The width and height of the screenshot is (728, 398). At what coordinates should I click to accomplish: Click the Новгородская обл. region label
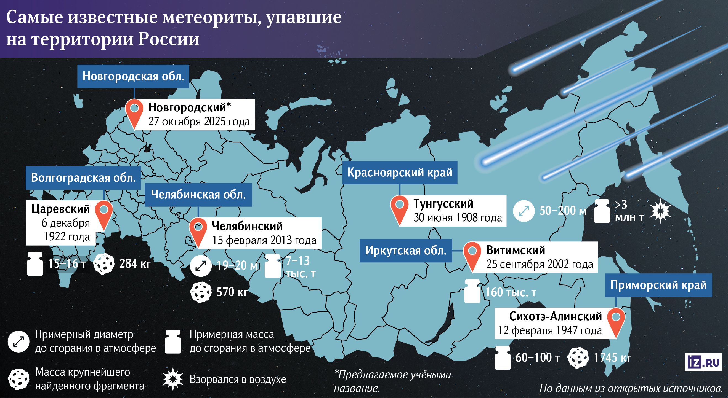pos(133,77)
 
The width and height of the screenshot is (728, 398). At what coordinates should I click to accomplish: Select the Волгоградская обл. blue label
pos(83,178)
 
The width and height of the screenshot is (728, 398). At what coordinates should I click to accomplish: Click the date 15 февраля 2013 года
pos(264,240)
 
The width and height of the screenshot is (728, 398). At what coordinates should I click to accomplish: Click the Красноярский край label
pos(400,173)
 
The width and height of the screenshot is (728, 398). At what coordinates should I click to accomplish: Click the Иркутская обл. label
pos(406,251)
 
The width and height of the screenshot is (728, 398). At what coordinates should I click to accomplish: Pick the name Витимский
pos(516,250)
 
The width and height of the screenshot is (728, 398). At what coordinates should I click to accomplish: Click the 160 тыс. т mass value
pos(511,292)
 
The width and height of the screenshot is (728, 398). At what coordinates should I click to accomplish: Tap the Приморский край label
pos(658,285)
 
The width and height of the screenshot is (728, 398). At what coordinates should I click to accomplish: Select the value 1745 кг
pos(612,358)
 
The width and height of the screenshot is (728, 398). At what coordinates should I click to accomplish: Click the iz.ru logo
pos(703,362)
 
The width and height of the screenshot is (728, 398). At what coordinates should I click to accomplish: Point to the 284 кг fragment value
pos(135,264)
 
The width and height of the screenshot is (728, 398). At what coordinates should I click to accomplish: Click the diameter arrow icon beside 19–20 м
pos(201,266)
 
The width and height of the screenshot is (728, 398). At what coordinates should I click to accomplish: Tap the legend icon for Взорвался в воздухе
pos(173,379)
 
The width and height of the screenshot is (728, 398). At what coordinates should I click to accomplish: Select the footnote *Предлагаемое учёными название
pos(392,381)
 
